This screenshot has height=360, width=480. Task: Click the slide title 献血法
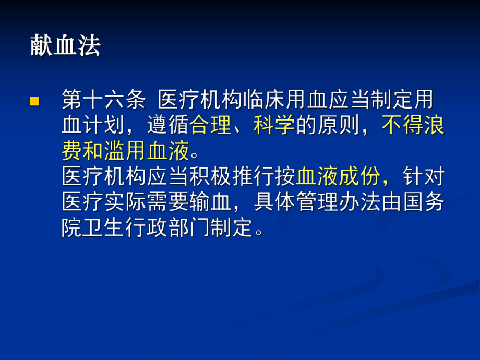point(65,46)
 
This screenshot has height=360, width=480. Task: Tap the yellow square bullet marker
point(35,101)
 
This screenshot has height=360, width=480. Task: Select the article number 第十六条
point(103,100)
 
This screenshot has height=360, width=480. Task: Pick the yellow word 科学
point(274,126)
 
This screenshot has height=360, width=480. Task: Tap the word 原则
point(339,126)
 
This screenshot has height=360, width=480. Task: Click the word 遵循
point(168,126)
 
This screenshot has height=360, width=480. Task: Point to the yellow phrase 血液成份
point(339,177)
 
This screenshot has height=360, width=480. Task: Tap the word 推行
point(253,177)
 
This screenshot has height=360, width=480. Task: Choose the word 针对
point(423,177)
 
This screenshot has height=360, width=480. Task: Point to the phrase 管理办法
point(339,202)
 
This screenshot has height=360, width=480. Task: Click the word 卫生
point(104,228)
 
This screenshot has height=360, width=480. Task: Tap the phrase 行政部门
point(168,228)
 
